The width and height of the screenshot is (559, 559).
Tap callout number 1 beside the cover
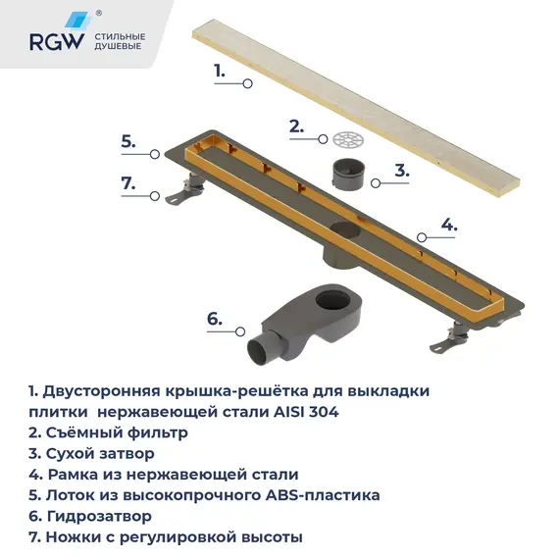click(220, 71)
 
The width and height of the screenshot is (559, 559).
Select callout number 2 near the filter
click(295, 126)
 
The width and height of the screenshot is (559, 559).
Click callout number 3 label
click(401, 169)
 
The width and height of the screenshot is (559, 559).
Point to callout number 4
click(448, 225)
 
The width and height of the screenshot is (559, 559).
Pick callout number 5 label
click(127, 141)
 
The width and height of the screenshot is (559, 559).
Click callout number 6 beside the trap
click(214, 319)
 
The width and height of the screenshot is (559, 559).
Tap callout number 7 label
click(127, 182)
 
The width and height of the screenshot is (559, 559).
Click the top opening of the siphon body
click(334, 298)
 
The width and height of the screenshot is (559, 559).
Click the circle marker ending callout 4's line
click(421, 236)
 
